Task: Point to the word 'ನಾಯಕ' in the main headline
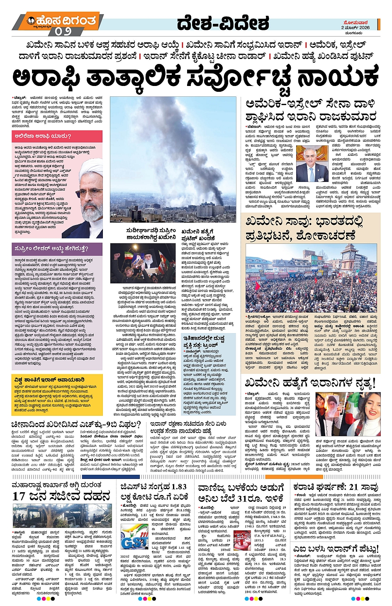coord(338,77)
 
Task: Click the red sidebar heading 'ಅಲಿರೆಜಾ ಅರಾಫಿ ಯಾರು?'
coord(43,136)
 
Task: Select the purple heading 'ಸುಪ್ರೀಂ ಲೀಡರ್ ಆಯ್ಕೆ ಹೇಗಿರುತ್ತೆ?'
coord(51,248)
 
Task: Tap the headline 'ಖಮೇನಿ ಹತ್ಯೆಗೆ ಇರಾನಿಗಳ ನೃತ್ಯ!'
coord(309,382)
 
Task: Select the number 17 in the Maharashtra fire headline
coord(19,496)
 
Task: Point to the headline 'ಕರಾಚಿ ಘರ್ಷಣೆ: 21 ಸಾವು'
coord(336,487)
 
